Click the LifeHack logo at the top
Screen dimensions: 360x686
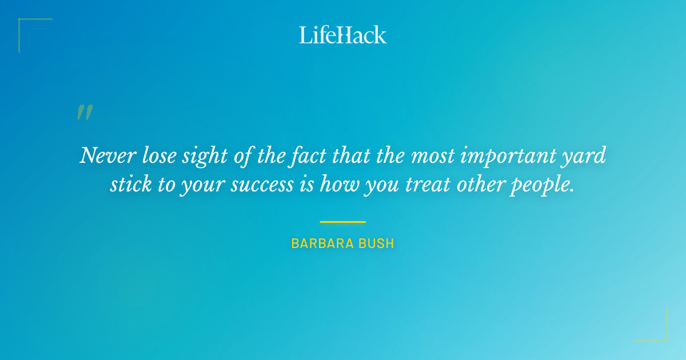(x=343, y=35)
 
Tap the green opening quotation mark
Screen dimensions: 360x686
(x=85, y=113)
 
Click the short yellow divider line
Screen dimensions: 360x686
(x=342, y=222)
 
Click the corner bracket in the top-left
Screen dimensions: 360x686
(x=23, y=23)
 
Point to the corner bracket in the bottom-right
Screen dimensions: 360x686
(x=663, y=337)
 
